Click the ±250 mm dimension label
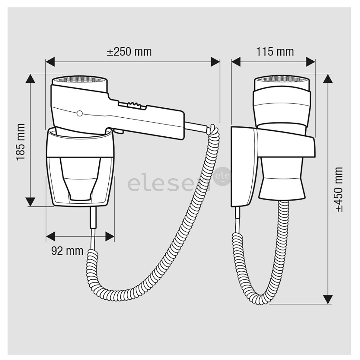129,52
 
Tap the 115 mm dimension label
275,52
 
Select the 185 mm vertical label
21,142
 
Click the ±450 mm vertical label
339,189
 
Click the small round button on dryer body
79,114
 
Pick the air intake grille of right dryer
283,80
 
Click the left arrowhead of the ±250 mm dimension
50,62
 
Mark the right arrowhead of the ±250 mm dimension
215,62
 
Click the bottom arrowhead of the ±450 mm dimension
328,299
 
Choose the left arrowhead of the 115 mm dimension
236,62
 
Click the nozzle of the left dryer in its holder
80,180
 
